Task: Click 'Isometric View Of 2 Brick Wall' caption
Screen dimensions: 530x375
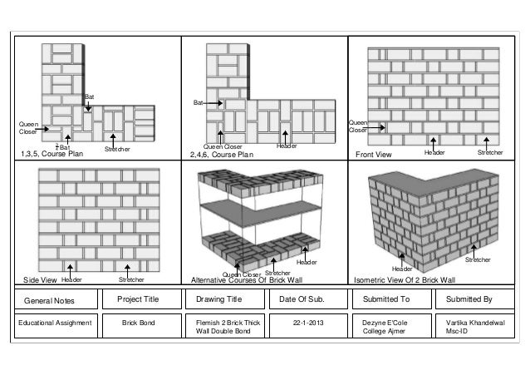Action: [405, 280]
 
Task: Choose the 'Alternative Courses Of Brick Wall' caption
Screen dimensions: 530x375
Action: [248, 280]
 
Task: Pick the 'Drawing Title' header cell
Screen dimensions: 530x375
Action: [218, 298]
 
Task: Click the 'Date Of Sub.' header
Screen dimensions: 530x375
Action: [303, 298]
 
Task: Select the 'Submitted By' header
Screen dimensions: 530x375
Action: [469, 298]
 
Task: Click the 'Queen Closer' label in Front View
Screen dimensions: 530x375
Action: [358, 126]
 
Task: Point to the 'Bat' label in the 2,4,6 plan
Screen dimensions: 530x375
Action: [198, 103]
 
